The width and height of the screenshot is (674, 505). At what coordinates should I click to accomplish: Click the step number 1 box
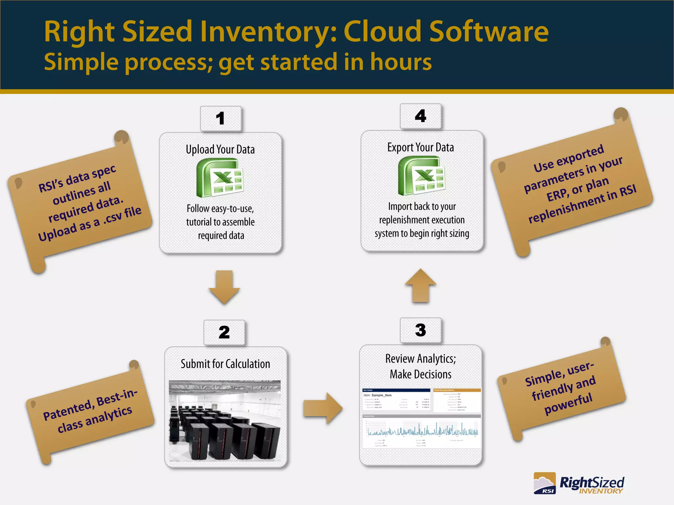tap(220, 119)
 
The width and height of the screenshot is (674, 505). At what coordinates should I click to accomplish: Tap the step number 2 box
tap(224, 332)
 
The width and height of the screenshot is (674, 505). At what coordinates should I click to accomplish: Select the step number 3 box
tap(420, 330)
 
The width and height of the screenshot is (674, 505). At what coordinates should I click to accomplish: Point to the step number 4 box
tap(420, 116)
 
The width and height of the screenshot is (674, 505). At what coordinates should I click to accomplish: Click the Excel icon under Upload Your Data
tap(220, 178)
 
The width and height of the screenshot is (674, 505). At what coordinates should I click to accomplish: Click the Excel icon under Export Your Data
tap(421, 176)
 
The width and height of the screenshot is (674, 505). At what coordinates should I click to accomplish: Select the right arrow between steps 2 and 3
tap(323, 408)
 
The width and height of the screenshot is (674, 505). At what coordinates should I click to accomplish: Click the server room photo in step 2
tap(225, 421)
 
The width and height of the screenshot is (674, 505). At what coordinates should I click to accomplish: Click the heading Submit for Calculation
tap(225, 364)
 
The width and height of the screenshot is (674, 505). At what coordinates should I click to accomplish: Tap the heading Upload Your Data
tap(220, 150)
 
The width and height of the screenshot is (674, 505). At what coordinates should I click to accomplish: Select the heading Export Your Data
tap(421, 147)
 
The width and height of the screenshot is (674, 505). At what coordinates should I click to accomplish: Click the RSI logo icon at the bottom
tap(545, 483)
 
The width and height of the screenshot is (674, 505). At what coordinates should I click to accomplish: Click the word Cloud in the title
tap(382, 32)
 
